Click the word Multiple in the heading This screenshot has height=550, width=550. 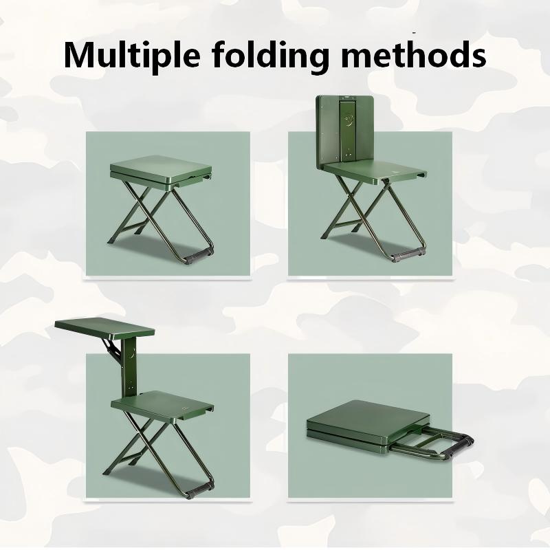pos(132,56)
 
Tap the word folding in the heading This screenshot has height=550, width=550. pos(270,56)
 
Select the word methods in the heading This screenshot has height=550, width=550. pos(414,54)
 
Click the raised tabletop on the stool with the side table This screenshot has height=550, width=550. pos(104,329)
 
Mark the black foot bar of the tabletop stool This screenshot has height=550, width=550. pos(199,490)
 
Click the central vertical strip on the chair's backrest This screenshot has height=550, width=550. pos(347,131)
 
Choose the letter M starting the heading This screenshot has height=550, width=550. pos(79,56)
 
